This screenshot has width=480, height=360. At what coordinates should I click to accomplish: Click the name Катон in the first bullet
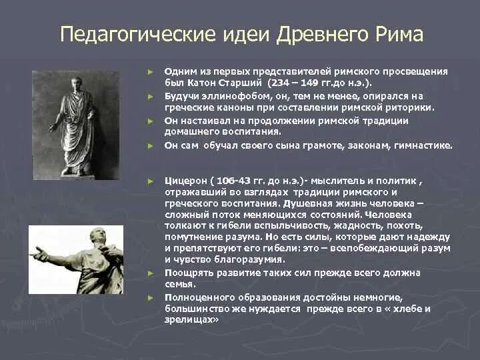coord(201,83)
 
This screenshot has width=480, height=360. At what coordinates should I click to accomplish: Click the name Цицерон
coord(185,181)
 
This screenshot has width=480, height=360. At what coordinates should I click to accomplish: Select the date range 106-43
coord(233,181)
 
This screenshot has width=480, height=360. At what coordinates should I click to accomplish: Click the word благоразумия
coord(249,259)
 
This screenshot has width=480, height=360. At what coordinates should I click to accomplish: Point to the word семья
coord(180,285)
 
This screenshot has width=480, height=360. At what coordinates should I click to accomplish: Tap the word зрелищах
coord(191,320)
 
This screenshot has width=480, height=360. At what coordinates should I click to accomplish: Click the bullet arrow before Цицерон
coord(150,181)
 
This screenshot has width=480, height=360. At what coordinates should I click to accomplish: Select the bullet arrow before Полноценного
coord(150,297)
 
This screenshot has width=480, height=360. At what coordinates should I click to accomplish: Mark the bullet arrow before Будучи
coord(150,97)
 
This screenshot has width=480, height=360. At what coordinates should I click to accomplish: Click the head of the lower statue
coord(98,235)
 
